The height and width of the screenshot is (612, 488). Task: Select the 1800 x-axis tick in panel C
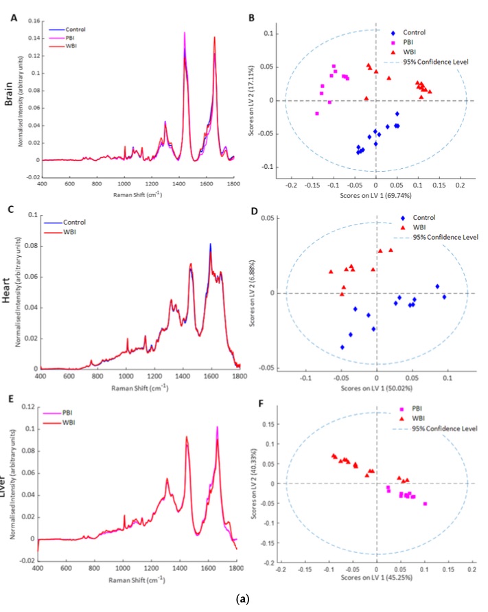pyautogui.click(x=240, y=376)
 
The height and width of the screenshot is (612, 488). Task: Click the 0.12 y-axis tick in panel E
pyautogui.click(x=30, y=407)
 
